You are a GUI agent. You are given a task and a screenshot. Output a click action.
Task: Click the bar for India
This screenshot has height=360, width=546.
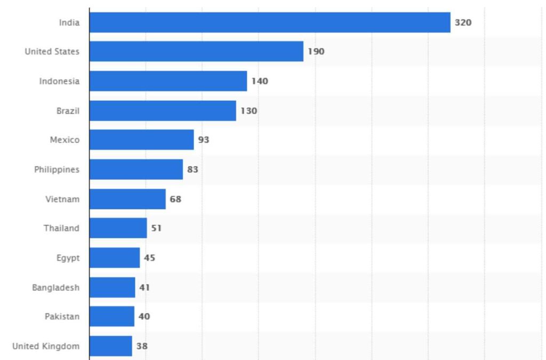point(270,22)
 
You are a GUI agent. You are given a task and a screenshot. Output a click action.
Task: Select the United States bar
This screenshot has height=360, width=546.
point(196,51)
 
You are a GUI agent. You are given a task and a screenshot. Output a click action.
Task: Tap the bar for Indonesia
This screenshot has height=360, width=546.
point(168,81)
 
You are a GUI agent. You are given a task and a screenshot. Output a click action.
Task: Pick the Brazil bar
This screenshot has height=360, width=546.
point(163,111)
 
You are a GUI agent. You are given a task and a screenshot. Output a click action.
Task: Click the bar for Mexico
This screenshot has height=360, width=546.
point(141,140)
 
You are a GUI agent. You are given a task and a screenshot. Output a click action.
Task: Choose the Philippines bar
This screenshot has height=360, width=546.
point(136,170)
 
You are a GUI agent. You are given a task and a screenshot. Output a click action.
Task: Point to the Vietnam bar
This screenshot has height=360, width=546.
point(127,199)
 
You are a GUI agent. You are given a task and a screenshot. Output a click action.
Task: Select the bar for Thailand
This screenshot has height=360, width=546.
point(118,228)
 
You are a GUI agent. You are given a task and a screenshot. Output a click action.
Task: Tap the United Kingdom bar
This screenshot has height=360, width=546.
point(110,346)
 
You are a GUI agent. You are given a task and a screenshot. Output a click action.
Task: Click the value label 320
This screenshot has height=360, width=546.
point(463,22)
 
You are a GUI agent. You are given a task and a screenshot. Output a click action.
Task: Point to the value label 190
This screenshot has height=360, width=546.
point(316,52)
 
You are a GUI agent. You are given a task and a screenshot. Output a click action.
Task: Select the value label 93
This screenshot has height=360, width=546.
point(204,140)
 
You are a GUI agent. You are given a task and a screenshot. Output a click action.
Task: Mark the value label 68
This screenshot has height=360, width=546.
point(175,199)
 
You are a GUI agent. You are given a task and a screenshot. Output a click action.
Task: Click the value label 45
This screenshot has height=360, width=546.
point(149,258)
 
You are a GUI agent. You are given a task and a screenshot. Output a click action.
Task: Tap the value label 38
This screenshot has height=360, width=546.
point(142,346)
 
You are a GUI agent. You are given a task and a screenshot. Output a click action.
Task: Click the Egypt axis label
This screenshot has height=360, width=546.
point(68,258)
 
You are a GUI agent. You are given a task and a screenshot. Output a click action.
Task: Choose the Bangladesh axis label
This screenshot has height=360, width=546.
point(55,287)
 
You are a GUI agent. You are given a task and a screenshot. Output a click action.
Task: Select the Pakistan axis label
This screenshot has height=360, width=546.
point(62,317)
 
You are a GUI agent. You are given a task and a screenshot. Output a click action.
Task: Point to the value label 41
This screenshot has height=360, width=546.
point(144,287)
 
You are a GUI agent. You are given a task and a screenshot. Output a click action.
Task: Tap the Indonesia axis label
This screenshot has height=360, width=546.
point(59,81)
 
